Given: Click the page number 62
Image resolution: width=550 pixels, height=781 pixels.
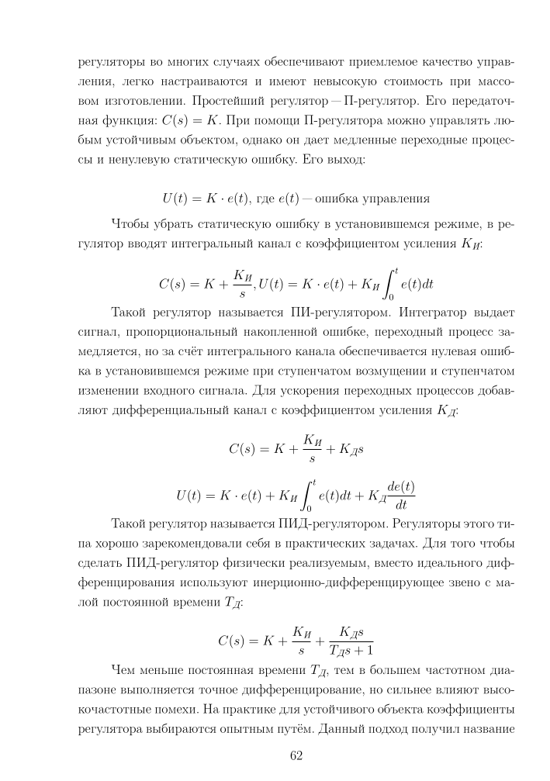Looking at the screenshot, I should pyautogui.click(x=296, y=757).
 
